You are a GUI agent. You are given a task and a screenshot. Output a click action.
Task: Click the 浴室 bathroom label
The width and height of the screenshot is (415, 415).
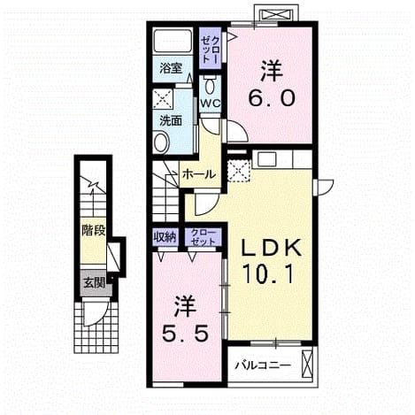(171, 68)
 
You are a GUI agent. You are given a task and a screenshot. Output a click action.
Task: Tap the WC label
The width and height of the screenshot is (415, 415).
(210, 104)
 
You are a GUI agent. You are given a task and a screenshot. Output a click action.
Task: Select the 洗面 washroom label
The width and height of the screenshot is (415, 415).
(171, 121)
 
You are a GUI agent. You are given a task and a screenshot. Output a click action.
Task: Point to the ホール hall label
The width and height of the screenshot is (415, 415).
(199, 174)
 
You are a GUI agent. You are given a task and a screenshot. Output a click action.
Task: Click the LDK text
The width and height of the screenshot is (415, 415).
(272, 248)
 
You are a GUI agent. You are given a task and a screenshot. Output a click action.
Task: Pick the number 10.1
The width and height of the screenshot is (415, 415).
(268, 274)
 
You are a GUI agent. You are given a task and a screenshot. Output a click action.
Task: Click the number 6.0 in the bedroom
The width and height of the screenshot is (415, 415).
(272, 98)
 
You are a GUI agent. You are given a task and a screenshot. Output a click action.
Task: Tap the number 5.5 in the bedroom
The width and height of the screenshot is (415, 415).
(185, 334)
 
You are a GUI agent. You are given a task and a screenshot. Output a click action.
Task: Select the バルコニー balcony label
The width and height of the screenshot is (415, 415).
(263, 366)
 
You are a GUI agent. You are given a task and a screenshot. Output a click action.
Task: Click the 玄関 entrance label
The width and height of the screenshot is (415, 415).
(95, 283)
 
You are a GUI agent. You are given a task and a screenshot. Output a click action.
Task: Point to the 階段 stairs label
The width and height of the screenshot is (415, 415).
(94, 230)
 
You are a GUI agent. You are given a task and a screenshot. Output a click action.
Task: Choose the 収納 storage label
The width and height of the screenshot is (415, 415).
(165, 237)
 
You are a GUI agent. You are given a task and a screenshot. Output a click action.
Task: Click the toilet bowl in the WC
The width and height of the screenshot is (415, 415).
(210, 86)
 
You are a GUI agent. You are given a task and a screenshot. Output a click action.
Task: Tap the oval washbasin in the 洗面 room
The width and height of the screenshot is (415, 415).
(161, 142)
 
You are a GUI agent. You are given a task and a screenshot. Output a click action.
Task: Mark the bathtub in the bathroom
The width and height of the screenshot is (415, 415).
(173, 42)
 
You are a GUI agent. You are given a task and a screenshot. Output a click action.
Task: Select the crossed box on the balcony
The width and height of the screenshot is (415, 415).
(307, 364)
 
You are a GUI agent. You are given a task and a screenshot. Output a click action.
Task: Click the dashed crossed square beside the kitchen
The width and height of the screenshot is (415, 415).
(239, 171)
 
